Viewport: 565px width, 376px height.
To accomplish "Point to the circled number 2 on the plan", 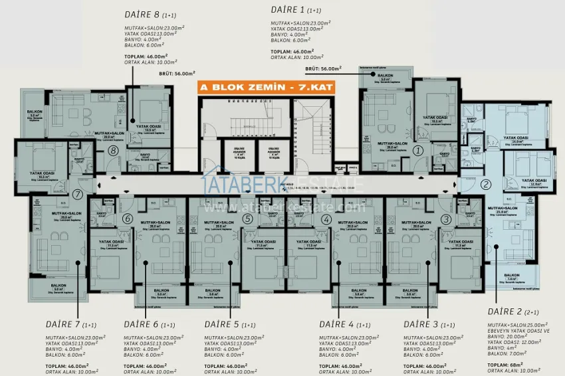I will [x=486, y=185].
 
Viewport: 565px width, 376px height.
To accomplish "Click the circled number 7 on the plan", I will [x=78, y=195].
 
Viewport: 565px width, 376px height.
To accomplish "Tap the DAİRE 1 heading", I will [x=288, y=9].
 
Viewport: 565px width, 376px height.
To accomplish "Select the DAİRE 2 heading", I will [x=507, y=312].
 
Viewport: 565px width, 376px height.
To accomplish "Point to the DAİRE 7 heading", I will [x=63, y=324].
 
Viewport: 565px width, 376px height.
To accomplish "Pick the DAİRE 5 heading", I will [x=221, y=324].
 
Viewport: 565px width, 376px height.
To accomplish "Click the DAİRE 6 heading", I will [x=142, y=324].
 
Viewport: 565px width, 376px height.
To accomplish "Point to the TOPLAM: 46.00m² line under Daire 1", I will [x=292, y=51].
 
